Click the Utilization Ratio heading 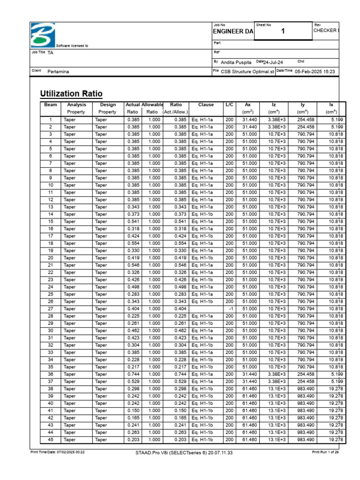72,93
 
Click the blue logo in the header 43,35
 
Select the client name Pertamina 59,72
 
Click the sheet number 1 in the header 283,31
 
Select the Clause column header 206,105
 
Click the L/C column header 229,105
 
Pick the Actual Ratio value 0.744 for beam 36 133,374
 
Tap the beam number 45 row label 51,440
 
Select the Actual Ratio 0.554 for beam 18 133,243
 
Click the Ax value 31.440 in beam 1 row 249,120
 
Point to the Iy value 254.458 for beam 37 306,382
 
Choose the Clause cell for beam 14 202,214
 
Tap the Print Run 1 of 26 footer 325,452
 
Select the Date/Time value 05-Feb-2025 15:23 315,71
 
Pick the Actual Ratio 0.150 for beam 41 133,411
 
